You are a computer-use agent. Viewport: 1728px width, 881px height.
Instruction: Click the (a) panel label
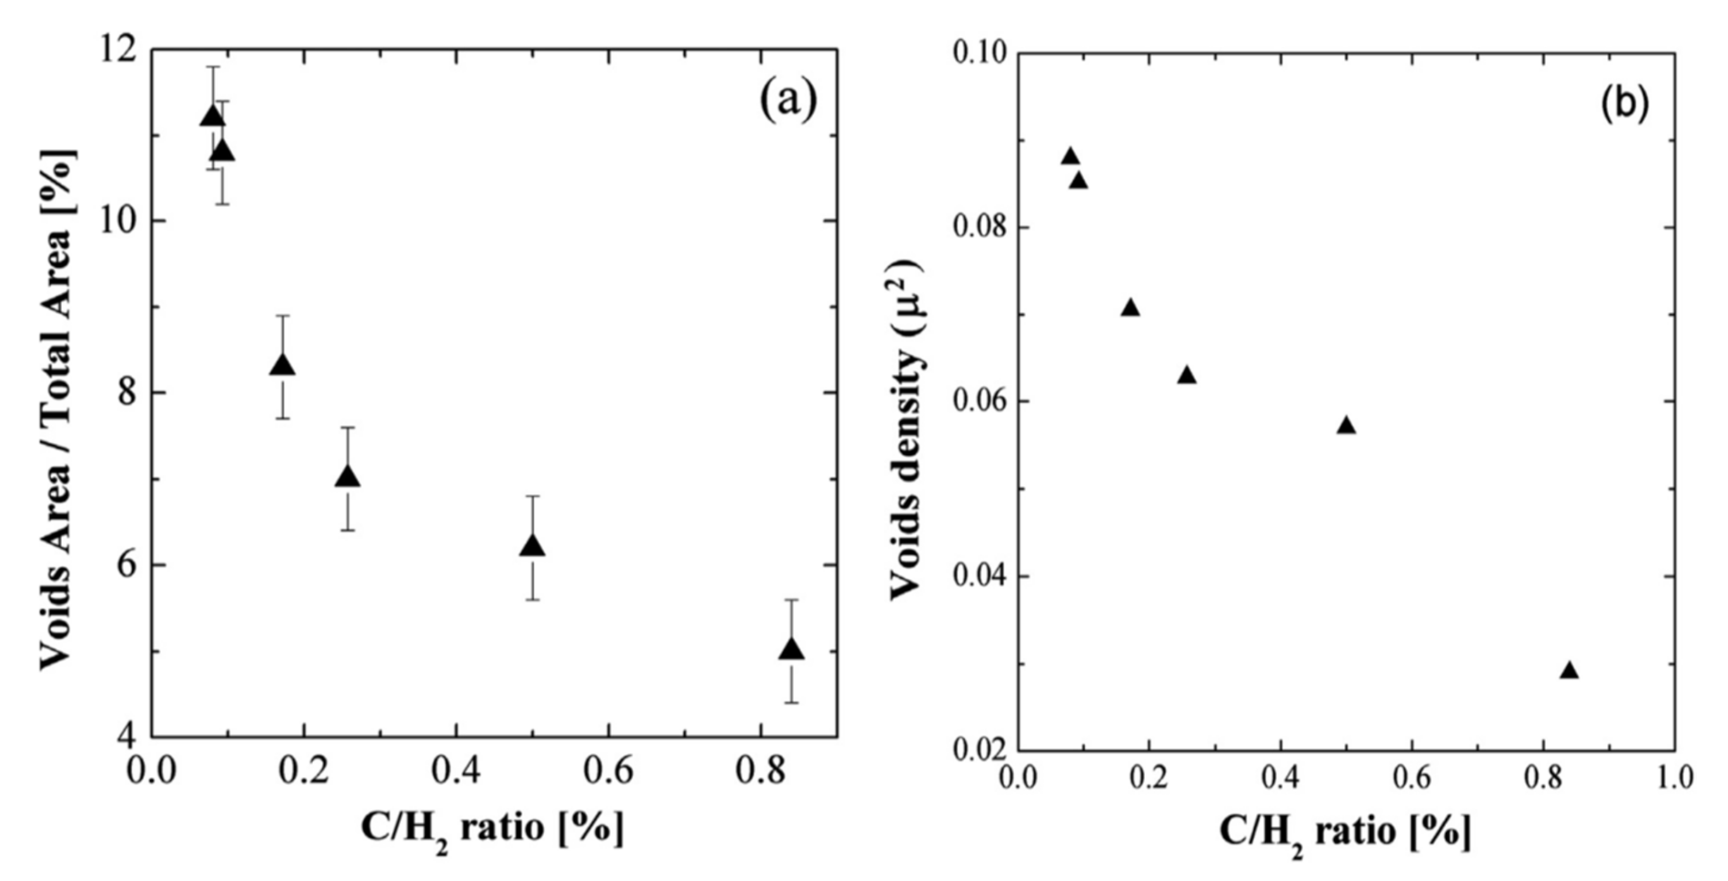pos(788,101)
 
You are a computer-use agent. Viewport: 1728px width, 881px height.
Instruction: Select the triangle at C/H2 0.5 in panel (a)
pos(533,546)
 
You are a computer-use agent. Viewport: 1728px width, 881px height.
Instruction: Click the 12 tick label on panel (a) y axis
pos(115,51)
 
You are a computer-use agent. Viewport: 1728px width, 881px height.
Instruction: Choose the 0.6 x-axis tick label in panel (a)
pos(607,772)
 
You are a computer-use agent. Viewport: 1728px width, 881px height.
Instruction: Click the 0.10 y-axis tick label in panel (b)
pos(980,54)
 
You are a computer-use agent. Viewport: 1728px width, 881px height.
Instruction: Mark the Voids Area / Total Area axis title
pos(58,409)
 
